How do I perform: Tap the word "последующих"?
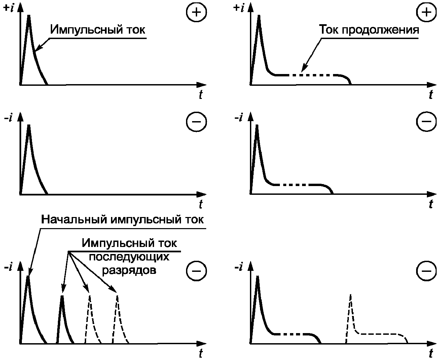(x=129, y=257)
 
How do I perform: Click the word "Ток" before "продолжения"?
(x=329, y=30)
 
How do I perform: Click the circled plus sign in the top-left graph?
(x=196, y=12)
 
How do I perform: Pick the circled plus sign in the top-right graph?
(x=426, y=12)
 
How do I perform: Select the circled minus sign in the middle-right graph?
(x=426, y=121)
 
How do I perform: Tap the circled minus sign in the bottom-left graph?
(x=196, y=271)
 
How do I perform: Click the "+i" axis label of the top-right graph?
(x=239, y=8)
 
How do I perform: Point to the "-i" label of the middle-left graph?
(x=8, y=118)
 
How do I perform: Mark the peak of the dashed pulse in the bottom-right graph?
(x=351, y=294)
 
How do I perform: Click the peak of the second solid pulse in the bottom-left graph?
(x=62, y=296)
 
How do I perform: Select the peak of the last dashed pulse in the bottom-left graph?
(x=117, y=296)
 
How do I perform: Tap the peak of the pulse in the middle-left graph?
(x=29, y=125)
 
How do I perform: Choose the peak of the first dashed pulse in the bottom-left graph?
(x=90, y=296)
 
